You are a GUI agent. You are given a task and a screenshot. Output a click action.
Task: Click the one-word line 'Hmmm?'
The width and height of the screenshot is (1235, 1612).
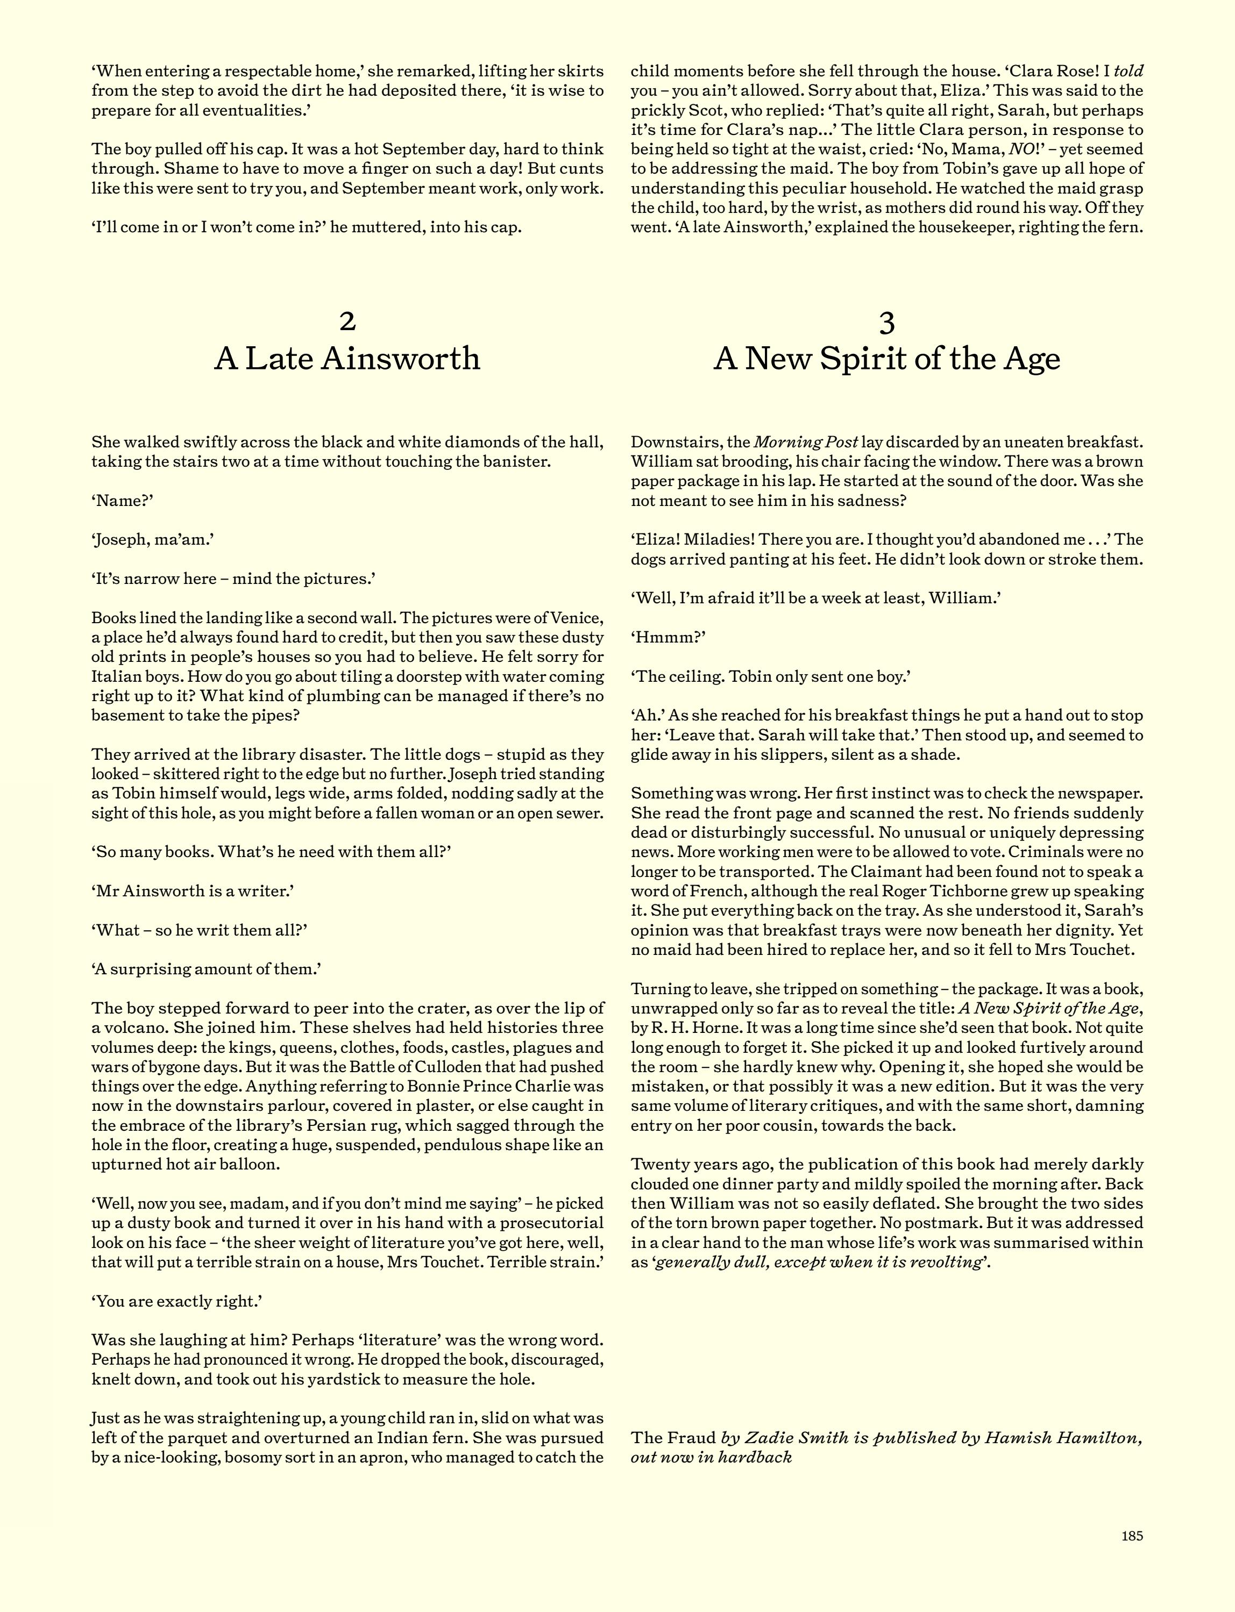tap(668, 637)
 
